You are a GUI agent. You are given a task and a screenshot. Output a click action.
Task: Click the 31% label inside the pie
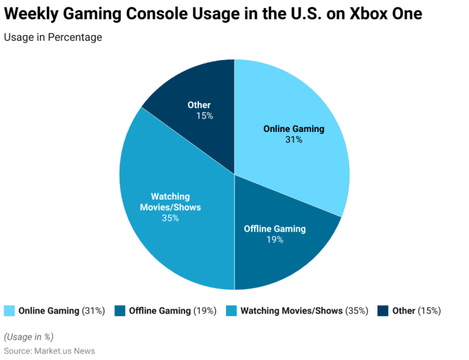(x=293, y=139)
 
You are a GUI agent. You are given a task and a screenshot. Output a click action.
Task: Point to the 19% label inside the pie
(x=274, y=240)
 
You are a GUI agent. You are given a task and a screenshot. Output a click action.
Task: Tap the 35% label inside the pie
(x=170, y=218)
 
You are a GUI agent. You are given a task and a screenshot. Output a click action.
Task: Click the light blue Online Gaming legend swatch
(x=9, y=310)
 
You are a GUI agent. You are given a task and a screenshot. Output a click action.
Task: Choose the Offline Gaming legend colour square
(x=120, y=310)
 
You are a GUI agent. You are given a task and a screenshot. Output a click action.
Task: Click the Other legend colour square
(x=383, y=310)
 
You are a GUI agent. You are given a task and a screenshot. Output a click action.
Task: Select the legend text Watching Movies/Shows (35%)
(x=304, y=310)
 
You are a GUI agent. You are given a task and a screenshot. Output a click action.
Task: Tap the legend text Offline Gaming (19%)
(x=173, y=310)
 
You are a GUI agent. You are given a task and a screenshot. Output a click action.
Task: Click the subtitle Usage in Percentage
(x=53, y=37)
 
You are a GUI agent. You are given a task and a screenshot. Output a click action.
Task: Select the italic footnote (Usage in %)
(x=29, y=337)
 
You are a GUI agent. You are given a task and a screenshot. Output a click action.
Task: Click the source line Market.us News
(x=49, y=351)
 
